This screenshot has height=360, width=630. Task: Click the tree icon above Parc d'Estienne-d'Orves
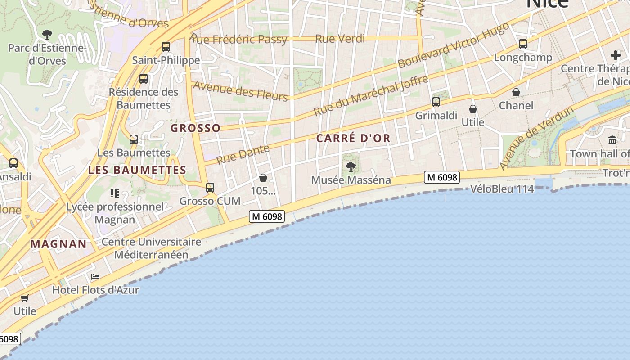47,34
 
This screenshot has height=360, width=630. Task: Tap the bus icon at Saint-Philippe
166,46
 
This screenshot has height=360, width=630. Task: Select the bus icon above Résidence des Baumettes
144,79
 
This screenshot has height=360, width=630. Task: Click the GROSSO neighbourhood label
196,128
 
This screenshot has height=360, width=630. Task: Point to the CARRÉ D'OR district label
353,138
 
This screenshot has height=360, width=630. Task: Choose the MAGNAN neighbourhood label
58,244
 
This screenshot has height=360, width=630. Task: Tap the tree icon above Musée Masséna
351,167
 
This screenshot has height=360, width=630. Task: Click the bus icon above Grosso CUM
210,188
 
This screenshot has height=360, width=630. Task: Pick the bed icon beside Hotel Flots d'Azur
95,277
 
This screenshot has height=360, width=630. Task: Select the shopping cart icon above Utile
25,298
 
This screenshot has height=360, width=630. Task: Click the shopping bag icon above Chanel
516,92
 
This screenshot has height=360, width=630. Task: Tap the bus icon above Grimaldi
436,102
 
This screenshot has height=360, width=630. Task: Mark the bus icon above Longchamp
523,44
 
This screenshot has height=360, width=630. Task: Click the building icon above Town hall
612,140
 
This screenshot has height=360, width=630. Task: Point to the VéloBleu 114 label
502,189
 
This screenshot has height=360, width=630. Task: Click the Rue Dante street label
243,154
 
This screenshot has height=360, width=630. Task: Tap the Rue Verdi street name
340,39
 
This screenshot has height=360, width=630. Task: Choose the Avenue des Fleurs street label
240,91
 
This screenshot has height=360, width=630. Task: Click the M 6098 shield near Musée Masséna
442,177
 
